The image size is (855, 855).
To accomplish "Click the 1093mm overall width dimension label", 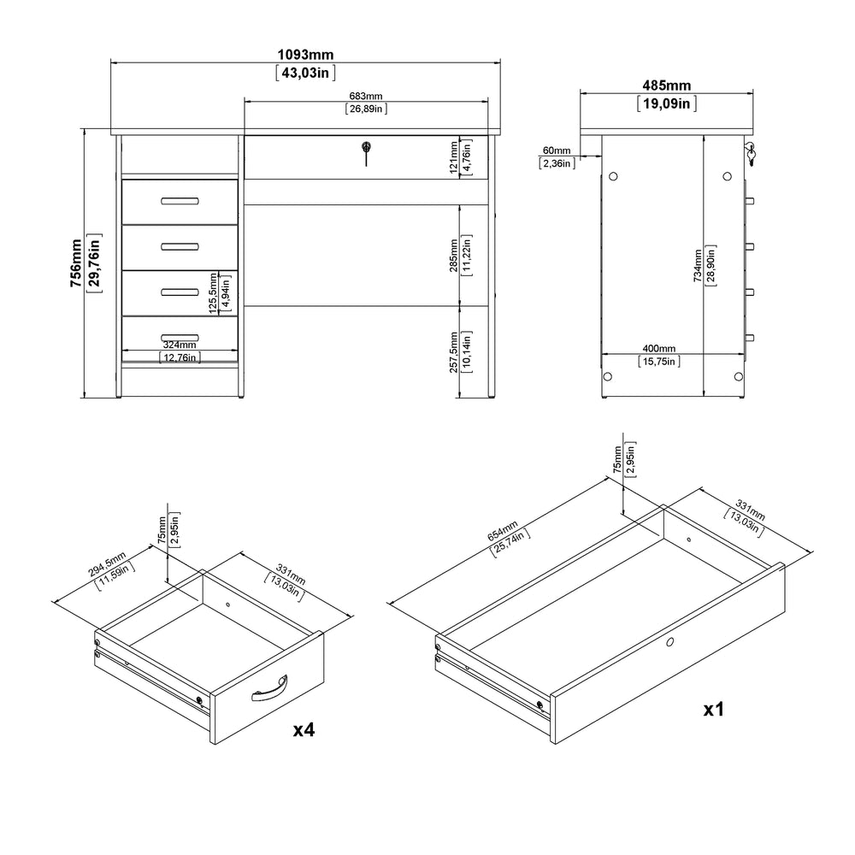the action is (x=305, y=55).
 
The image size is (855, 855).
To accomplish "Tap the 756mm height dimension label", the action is (x=76, y=263).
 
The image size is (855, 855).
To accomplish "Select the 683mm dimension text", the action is (x=366, y=96).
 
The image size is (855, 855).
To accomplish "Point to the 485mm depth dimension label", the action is (x=666, y=85).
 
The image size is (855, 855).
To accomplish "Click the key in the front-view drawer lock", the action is (x=366, y=153).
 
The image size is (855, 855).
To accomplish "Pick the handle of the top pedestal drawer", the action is (x=180, y=201).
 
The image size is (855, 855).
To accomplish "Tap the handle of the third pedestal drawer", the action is (x=180, y=292).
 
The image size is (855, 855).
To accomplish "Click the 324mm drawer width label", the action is (x=180, y=345).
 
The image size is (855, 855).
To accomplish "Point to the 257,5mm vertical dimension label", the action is (x=454, y=352).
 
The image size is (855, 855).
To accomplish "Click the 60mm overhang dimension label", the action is (x=557, y=150).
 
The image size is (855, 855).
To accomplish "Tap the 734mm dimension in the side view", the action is (x=698, y=266).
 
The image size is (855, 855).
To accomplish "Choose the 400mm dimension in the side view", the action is (x=658, y=349).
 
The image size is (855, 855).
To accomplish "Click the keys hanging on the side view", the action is (x=751, y=154).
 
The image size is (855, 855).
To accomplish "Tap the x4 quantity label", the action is (x=304, y=729).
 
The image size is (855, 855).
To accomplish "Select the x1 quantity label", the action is (x=714, y=710).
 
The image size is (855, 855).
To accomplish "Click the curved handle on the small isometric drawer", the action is (x=269, y=688).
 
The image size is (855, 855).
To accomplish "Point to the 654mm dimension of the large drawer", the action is (x=503, y=532).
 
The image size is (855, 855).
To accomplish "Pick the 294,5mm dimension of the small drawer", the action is (x=108, y=563).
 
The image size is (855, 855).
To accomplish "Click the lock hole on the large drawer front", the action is (x=669, y=642).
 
